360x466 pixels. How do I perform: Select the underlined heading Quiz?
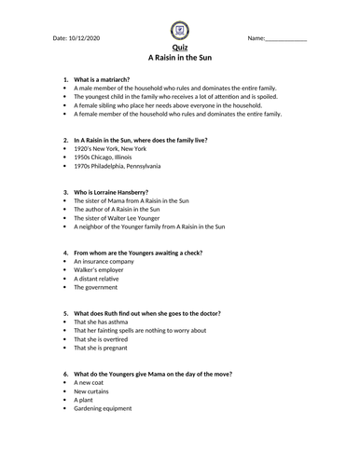179,48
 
